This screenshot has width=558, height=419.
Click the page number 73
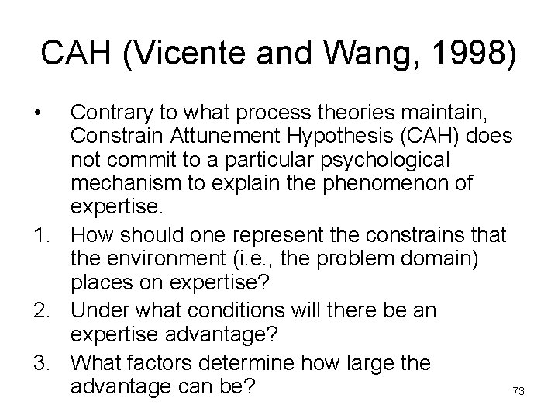point(518,392)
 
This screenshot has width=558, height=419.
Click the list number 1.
point(39,234)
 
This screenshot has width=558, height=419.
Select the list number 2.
point(39,311)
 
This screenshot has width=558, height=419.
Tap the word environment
point(160,257)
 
